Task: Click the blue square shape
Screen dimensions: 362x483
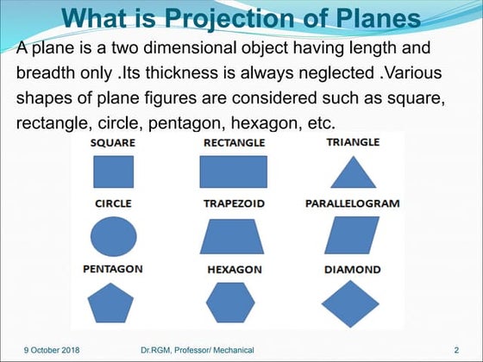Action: [113, 172]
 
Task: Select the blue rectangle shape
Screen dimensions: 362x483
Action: [233, 172]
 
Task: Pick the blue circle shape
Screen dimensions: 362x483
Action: [113, 234]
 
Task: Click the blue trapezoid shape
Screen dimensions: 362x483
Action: [233, 235]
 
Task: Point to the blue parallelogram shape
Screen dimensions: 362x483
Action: [353, 235]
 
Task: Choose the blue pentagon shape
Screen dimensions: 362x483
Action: [113, 303]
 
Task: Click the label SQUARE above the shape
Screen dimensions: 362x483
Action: [112, 142]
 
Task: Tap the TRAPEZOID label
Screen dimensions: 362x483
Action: [234, 204]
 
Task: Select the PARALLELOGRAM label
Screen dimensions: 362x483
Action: [352, 204]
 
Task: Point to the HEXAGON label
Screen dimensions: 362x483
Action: [234, 270]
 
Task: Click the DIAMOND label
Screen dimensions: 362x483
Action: [352, 270]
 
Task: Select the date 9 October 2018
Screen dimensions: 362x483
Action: [51, 351]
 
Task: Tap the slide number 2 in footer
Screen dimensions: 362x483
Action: [455, 351]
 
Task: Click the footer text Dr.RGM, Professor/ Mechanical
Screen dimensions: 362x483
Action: [197, 351]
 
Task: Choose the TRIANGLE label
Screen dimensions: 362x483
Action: [353, 142]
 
